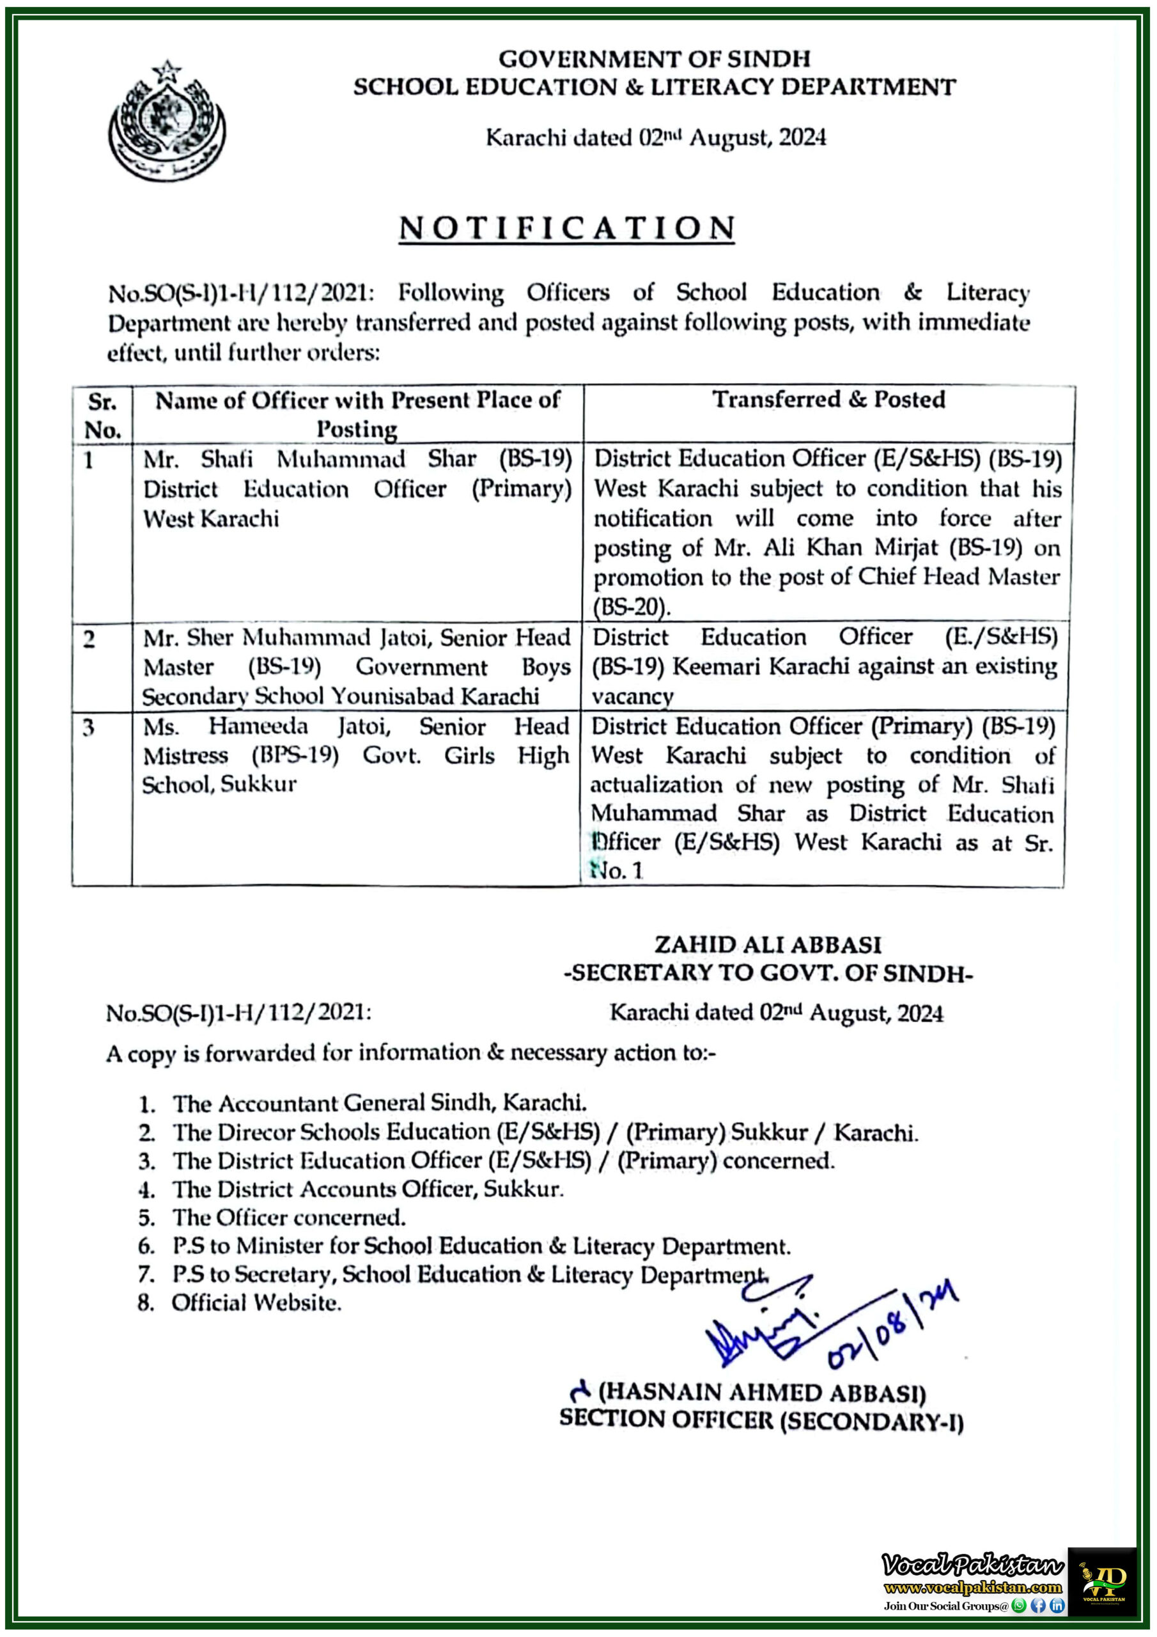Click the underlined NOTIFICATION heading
567,228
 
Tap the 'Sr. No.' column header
103,415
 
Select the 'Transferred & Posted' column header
828,399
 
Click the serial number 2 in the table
88,639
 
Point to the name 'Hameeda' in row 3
258,726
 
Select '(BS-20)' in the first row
632,607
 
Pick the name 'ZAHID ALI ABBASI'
768,944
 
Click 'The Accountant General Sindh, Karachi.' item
379,1103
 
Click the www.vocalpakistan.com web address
973,1586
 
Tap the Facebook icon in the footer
1038,1606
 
